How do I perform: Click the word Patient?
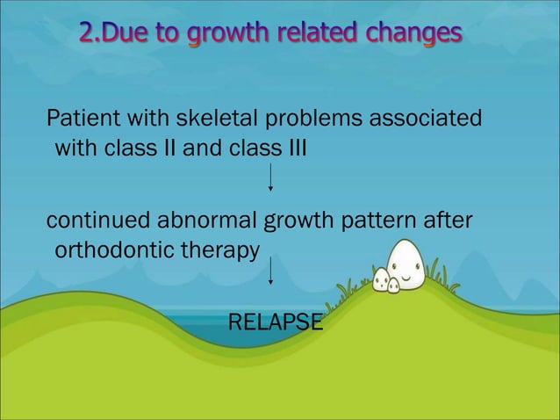(x=77, y=118)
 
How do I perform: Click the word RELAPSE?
(x=275, y=322)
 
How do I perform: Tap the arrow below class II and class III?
(x=270, y=176)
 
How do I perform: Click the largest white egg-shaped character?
(x=407, y=264)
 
